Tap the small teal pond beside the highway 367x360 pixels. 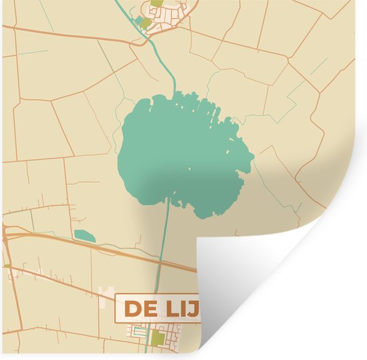click(x=85, y=235)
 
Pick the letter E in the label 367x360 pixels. click(x=146, y=309)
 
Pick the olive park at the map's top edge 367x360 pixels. click(x=156, y=3)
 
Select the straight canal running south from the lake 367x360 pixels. click(x=164, y=240)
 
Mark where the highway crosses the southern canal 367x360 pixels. click(x=162, y=262)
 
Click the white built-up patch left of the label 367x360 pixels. click(x=107, y=295)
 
